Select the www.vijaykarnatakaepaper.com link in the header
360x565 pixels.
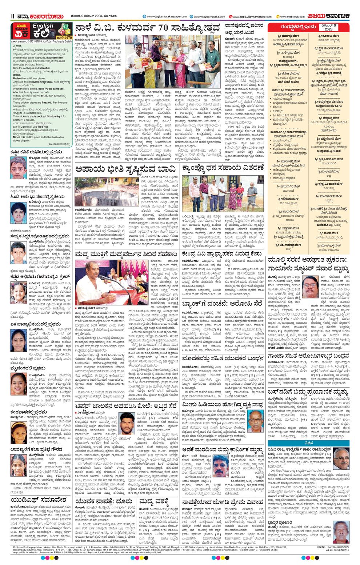click(167, 17)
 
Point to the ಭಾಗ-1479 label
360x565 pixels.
click(65, 37)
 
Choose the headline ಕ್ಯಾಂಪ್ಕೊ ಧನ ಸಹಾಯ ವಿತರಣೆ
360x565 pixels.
click(223, 168)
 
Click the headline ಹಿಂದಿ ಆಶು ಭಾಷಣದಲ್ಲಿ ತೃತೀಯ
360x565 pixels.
click(37, 197)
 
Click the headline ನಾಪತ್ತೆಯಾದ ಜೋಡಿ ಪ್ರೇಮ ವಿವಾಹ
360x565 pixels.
click(223, 502)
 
